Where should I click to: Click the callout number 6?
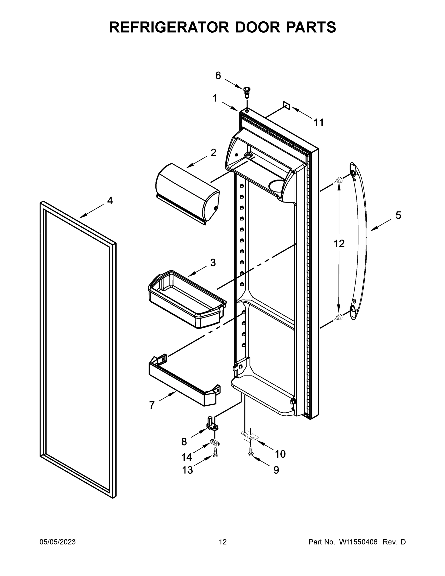(x=218, y=76)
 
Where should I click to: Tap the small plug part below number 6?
(x=247, y=91)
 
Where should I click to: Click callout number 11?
(x=319, y=123)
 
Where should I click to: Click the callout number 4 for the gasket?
(x=110, y=201)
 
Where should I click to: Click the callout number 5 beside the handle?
(x=398, y=216)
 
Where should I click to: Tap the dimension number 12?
(x=339, y=244)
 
